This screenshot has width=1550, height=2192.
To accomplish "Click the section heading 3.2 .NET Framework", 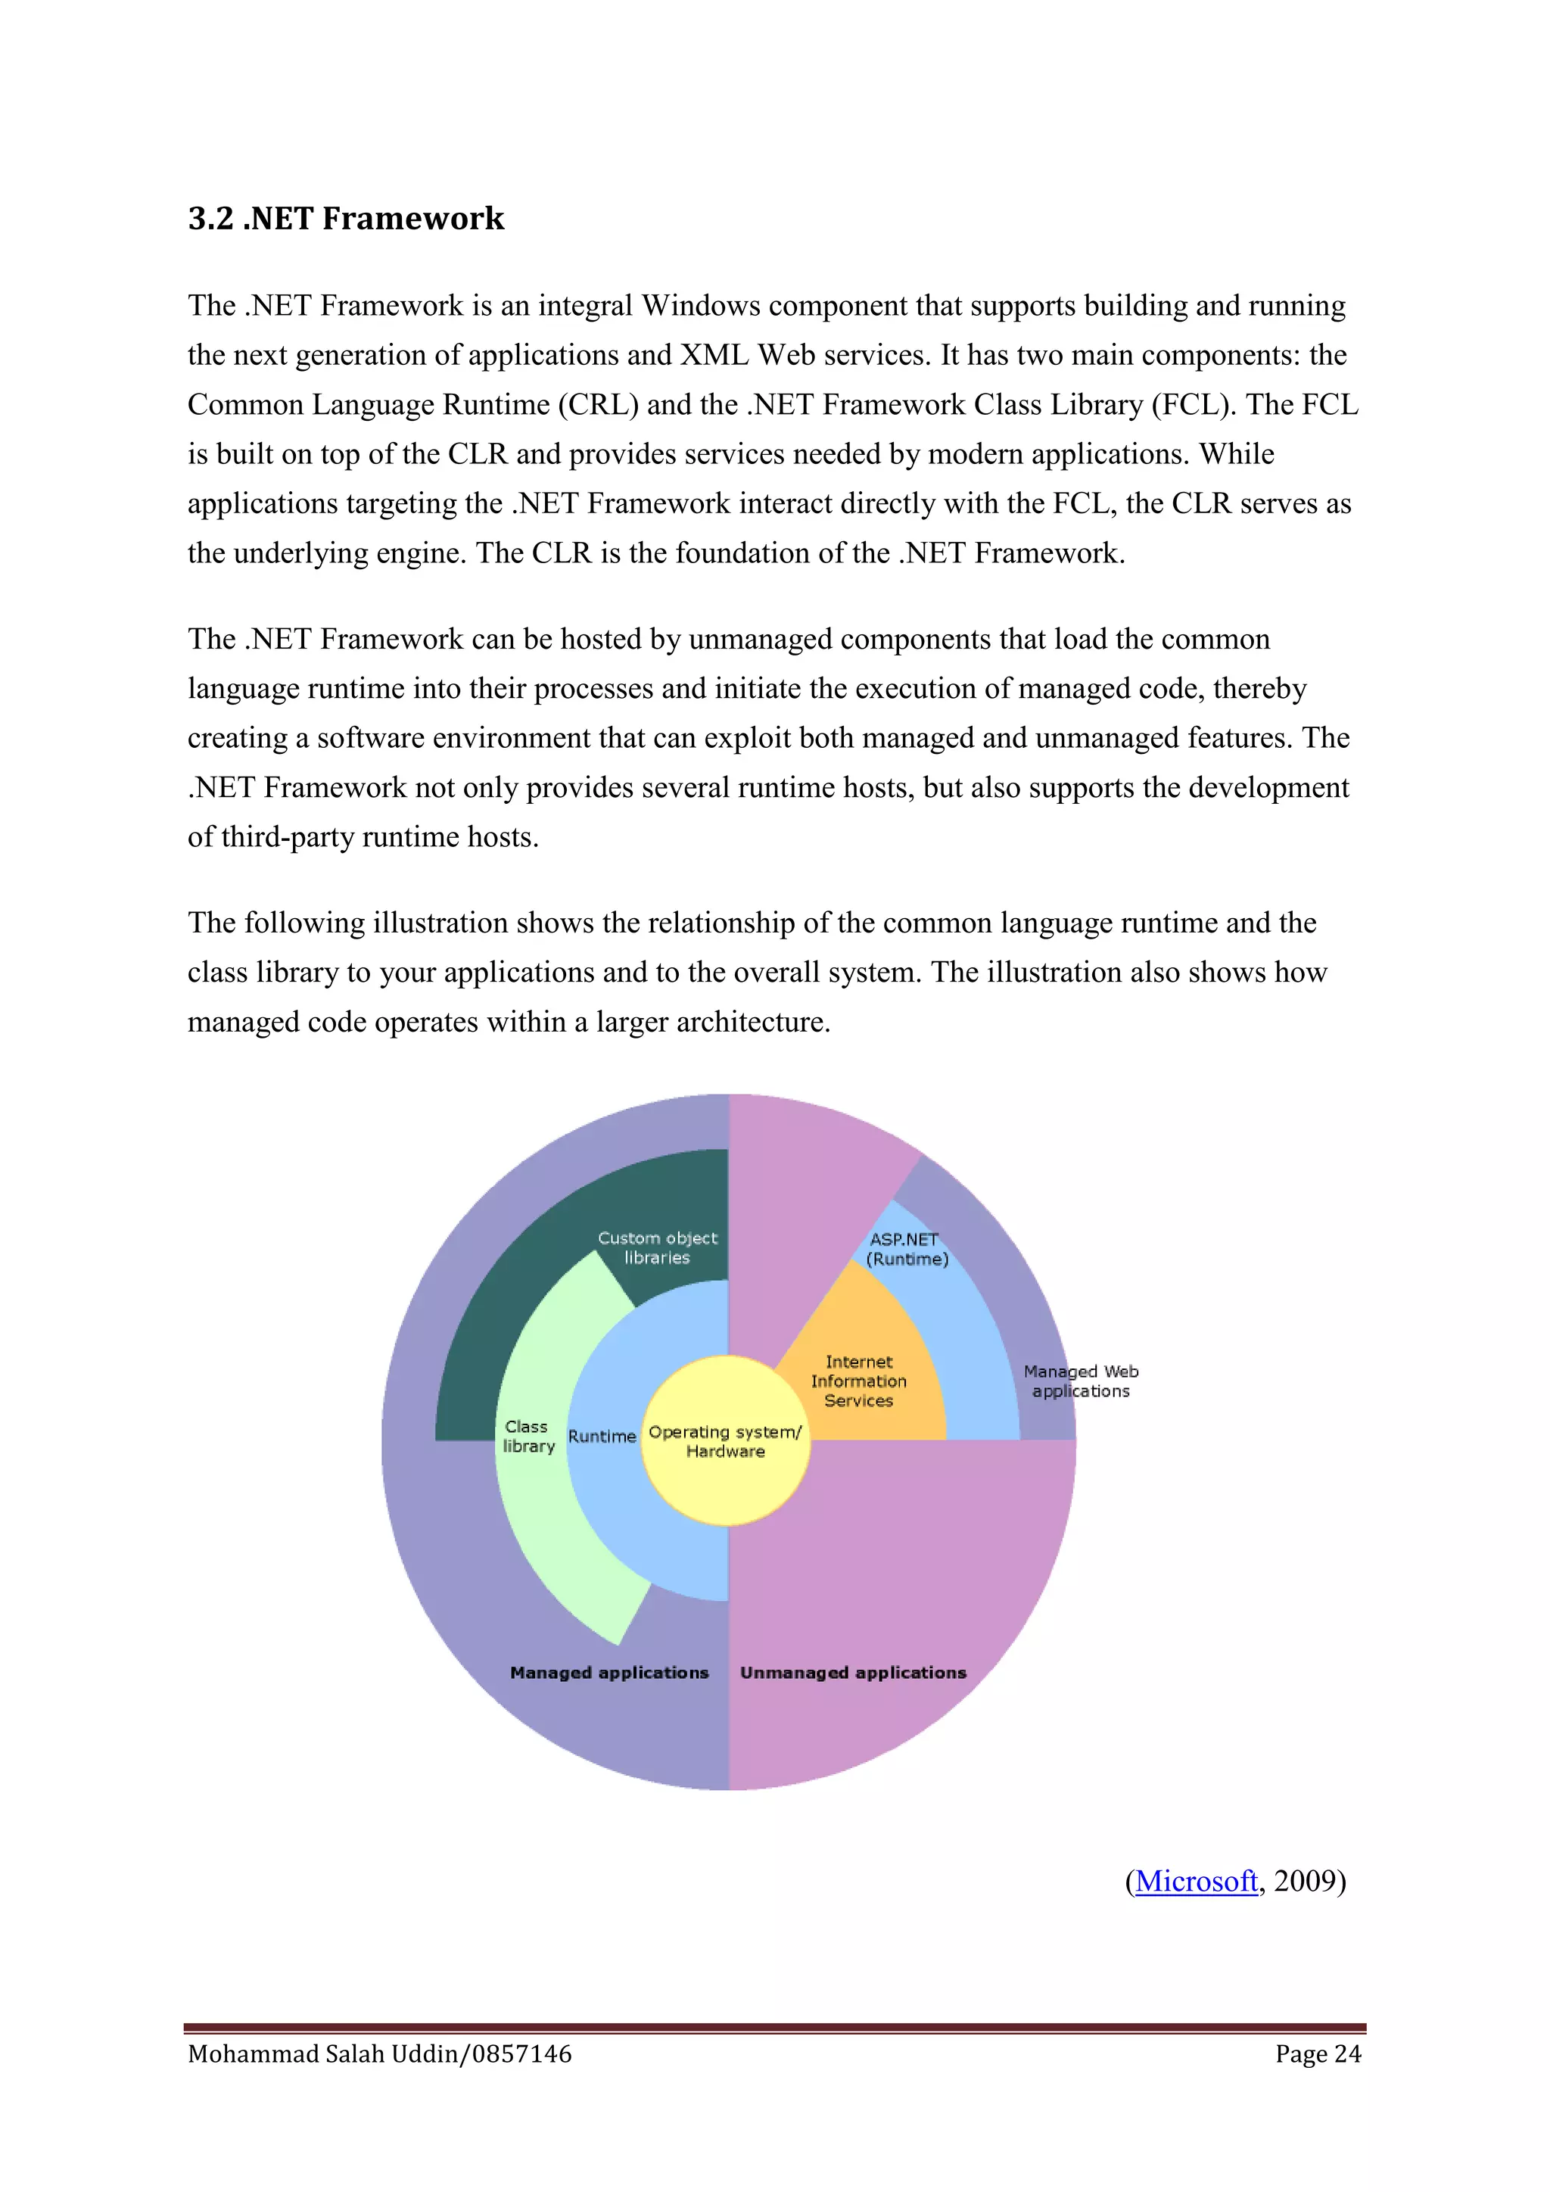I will coord(346,219).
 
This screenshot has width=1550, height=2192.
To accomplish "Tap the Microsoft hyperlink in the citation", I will coord(1195,1881).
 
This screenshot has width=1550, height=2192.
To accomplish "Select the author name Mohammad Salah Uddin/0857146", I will coord(380,2053).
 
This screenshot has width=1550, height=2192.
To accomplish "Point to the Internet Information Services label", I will coord(858,1381).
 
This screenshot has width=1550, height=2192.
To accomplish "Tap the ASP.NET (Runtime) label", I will coord(906,1249).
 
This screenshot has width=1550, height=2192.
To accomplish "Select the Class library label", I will coord(528,1436).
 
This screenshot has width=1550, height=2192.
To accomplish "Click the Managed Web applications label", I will coord(1081,1381).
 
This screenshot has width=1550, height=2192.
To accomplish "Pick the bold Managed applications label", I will coord(609,1673).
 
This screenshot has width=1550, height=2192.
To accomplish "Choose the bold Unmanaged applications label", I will coord(853,1673).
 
